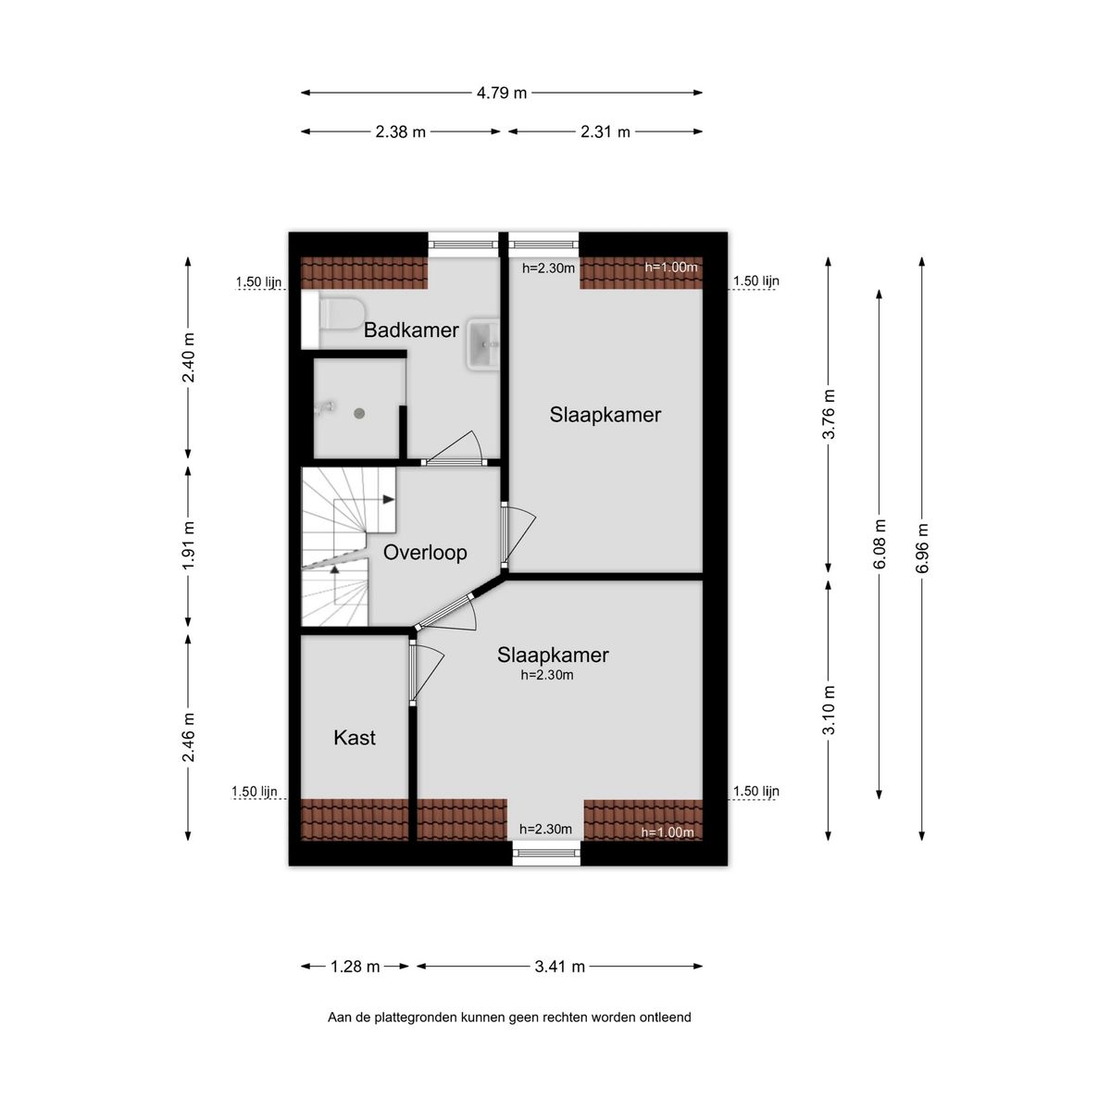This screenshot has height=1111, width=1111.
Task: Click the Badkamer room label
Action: click(x=411, y=331)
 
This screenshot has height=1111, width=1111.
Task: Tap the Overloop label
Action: click(x=425, y=553)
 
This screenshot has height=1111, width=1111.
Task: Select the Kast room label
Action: click(x=355, y=738)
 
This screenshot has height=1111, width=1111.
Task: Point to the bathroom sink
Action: click(x=483, y=344)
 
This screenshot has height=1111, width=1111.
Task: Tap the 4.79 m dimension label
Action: click(x=502, y=93)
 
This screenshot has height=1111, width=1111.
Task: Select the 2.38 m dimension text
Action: click(x=401, y=132)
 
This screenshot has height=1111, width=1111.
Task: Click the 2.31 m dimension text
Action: click(x=605, y=132)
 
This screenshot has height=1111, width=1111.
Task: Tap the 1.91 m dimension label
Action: click(x=189, y=547)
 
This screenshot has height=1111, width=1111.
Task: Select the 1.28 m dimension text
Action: click(x=356, y=967)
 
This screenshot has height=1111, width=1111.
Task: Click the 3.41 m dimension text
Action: click(x=560, y=967)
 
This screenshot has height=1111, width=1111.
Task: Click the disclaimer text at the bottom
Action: click(x=509, y=1017)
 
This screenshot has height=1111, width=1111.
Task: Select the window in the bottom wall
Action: click(x=546, y=853)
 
